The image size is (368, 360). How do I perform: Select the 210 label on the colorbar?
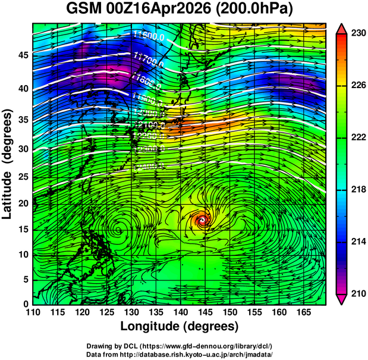pos(358,293)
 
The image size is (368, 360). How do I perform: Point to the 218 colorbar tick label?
pos(358,190)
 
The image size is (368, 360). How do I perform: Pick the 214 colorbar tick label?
pos(358,242)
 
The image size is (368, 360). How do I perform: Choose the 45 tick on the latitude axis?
pos(24,55)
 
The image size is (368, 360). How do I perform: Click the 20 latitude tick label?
pos(24,204)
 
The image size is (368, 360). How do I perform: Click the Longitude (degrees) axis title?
pos(180,327)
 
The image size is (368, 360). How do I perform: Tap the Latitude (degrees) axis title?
pos(9,164)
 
